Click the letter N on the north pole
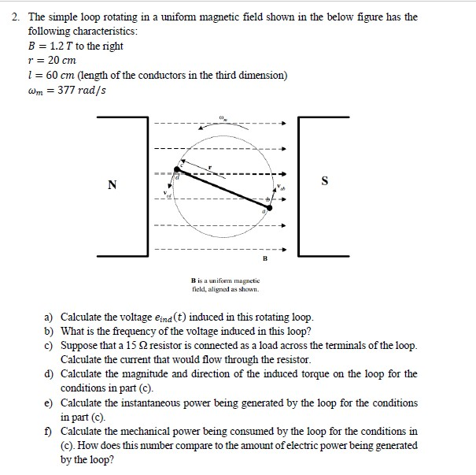(113, 185)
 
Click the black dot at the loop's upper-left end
(177, 169)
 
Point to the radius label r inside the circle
(210, 167)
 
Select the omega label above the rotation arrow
(223, 120)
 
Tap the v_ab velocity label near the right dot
(278, 189)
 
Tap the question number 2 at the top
(14, 17)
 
